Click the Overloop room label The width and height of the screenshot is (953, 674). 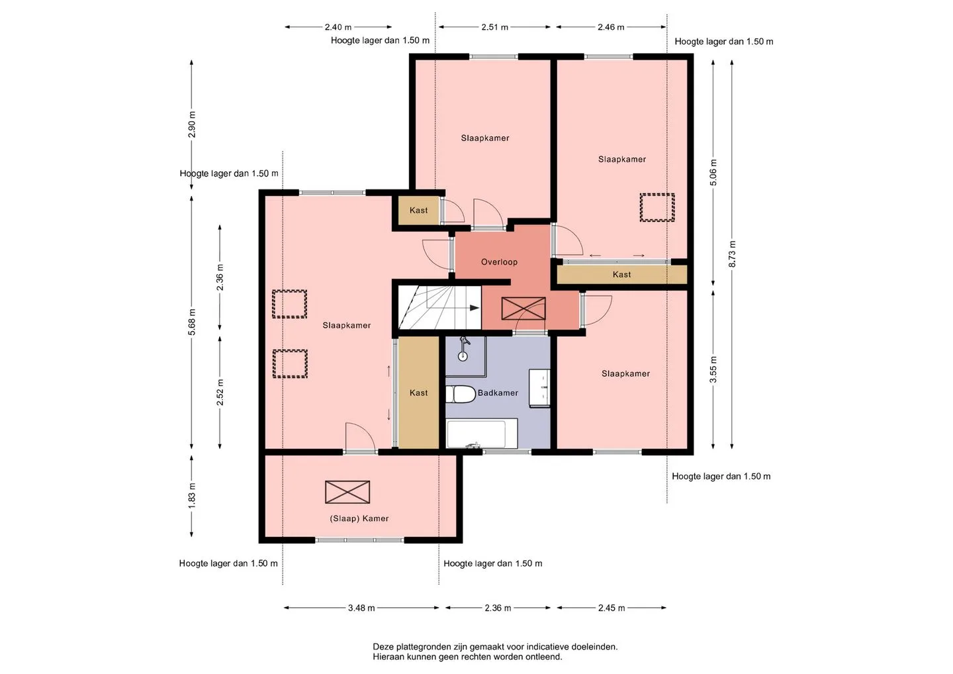coord(499,262)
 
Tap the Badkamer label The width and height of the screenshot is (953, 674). coord(498,393)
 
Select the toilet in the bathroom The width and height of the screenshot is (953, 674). coord(461,395)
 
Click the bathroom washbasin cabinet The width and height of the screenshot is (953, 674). coord(539,388)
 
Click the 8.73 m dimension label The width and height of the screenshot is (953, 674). coord(732,254)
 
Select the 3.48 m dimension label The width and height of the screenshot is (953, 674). coord(361,608)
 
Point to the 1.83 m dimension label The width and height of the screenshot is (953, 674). coord(192,495)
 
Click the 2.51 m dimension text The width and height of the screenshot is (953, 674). coord(495,27)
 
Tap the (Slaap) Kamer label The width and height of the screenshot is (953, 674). coord(359,518)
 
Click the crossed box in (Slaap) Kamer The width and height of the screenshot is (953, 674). coord(347,492)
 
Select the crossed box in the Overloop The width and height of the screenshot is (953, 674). coord(523,309)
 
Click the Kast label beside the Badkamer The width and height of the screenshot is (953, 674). coord(419,393)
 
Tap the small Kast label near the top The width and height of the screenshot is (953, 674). coord(419,210)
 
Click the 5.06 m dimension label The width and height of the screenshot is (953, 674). coord(713,172)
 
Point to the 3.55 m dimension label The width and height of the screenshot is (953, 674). coord(713,369)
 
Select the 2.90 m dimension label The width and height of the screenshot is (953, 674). coord(192,124)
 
